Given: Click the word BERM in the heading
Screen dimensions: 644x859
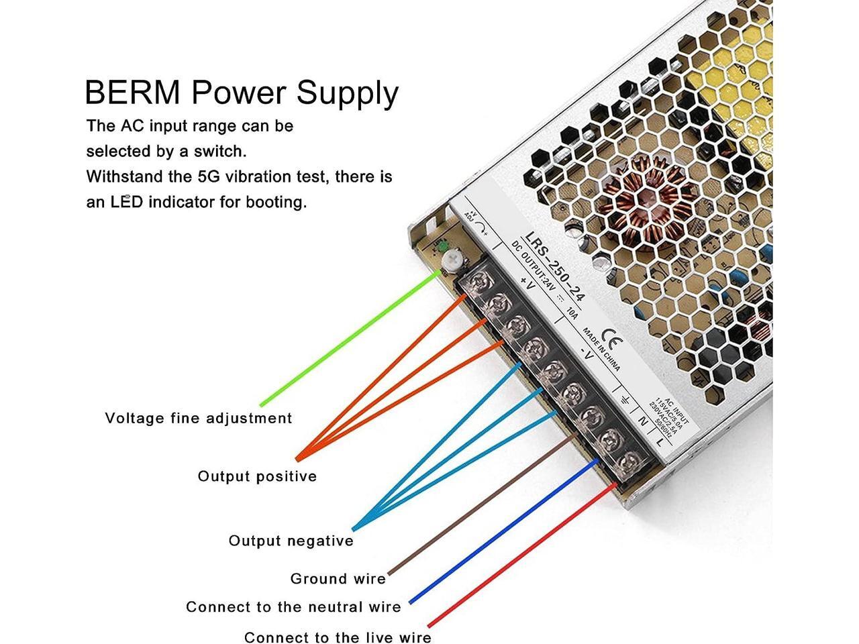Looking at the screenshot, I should tap(132, 93).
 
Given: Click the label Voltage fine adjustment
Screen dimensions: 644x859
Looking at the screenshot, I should tap(199, 419).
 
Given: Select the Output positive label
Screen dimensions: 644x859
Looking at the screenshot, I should tap(257, 476).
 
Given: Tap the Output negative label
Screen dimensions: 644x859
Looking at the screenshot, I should tap(291, 541).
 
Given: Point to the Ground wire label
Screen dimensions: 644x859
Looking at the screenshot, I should tap(338, 578).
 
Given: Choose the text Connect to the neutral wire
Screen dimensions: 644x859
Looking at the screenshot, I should tap(293, 607).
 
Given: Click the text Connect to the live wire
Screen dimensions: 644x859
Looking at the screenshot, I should tap(338, 637).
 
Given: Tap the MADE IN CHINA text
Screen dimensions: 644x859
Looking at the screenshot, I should tap(601, 350).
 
